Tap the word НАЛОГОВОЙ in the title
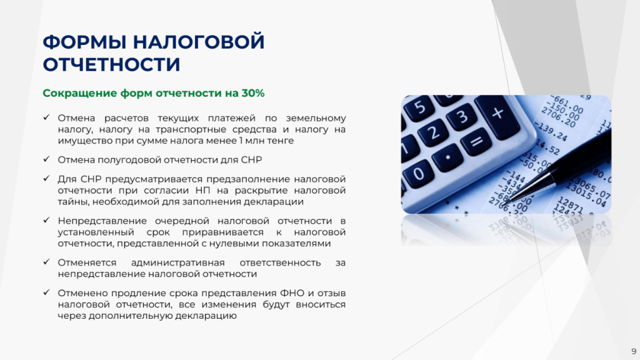[x=199, y=42]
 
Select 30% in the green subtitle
[x=252, y=94]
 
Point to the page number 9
[x=634, y=351]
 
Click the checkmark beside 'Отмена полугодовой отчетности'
[x=46, y=159]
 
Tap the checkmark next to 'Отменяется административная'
[x=46, y=262]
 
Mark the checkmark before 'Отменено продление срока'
[x=46, y=292]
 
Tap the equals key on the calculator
[x=476, y=142]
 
